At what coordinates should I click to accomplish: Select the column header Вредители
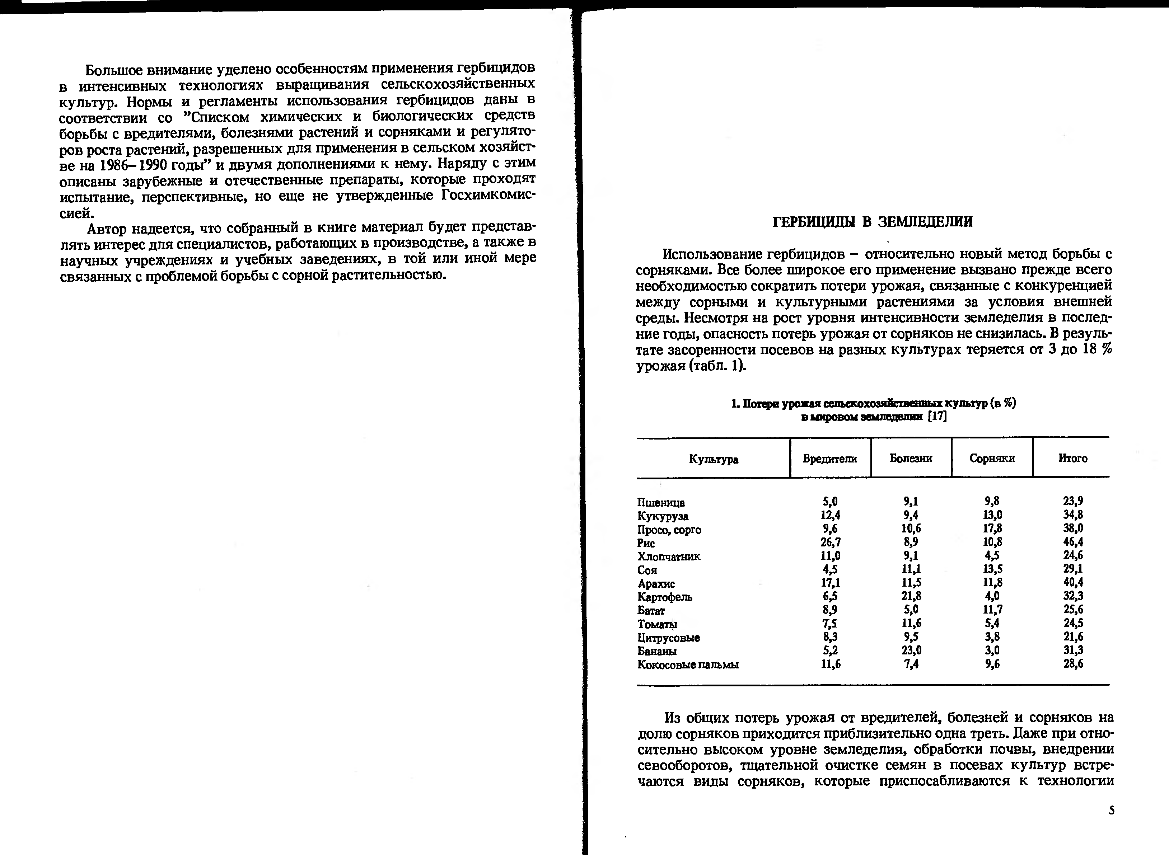point(829,459)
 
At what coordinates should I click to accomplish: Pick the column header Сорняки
point(992,458)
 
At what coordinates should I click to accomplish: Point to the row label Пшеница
point(661,503)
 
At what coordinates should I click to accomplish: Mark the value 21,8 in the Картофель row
point(911,596)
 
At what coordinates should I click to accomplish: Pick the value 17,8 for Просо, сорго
point(992,529)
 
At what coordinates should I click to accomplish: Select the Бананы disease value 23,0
point(911,650)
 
